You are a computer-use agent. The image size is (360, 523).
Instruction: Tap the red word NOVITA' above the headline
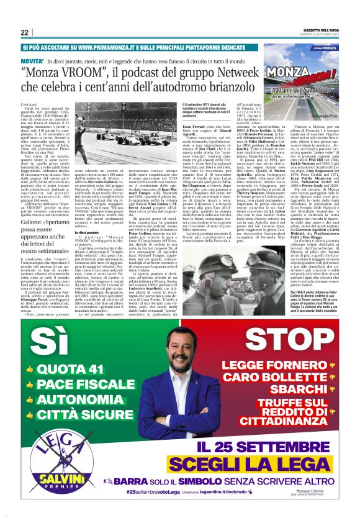[33, 63]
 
